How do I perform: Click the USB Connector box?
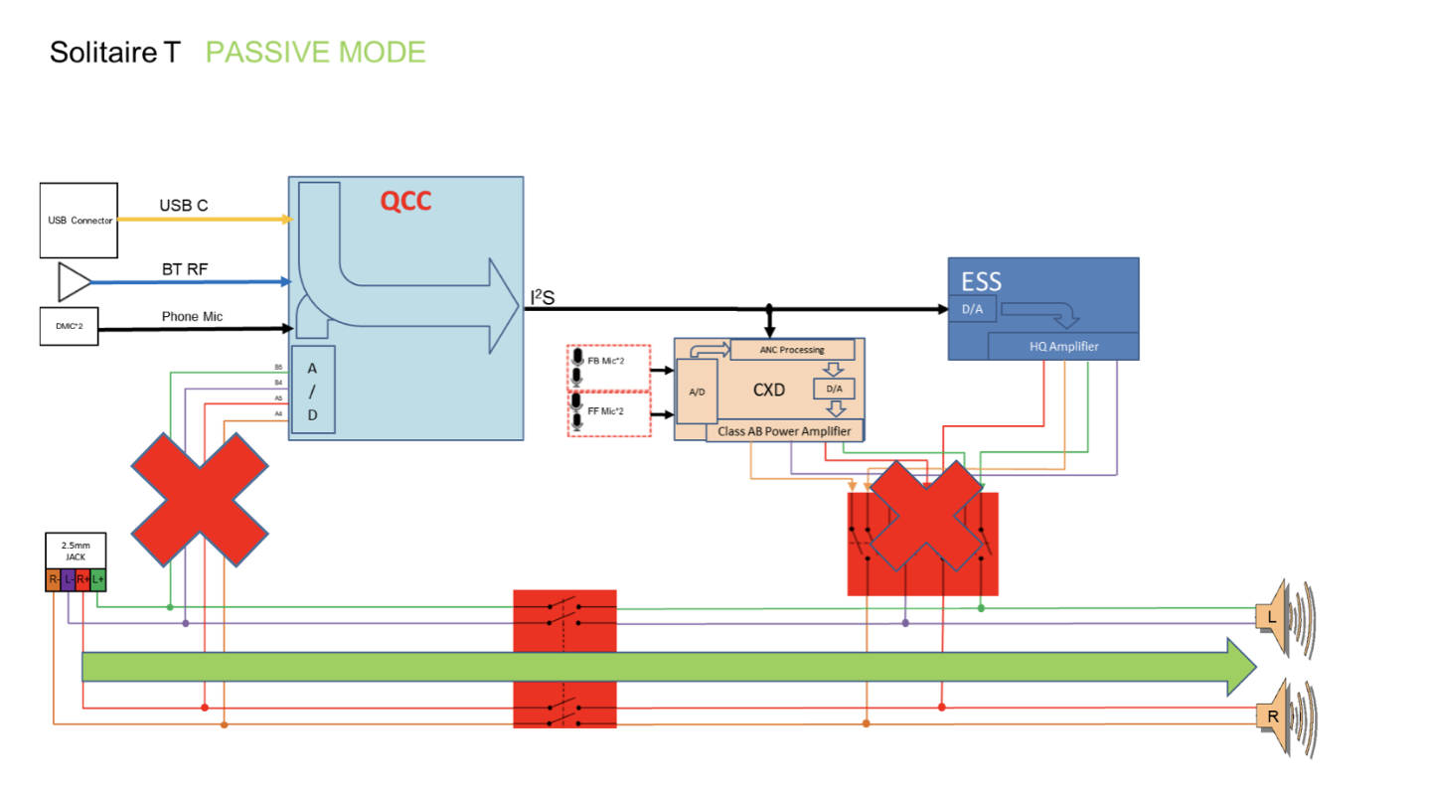click(79, 220)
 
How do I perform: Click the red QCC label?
click(405, 202)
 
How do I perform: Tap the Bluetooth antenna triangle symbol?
click(74, 282)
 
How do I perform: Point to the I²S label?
click(543, 296)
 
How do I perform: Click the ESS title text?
click(981, 279)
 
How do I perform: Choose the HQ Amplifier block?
click(1062, 346)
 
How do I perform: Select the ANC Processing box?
click(792, 350)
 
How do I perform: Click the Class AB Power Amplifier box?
click(784, 430)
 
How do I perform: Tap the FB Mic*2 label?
click(606, 360)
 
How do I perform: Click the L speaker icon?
click(1282, 616)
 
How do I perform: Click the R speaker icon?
click(1282, 715)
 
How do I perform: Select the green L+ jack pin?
click(97, 579)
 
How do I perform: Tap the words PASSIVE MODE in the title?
click(315, 53)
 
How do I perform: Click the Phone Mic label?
click(192, 317)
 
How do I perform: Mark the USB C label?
click(184, 206)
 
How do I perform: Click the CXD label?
click(769, 391)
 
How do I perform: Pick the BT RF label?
click(185, 269)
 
